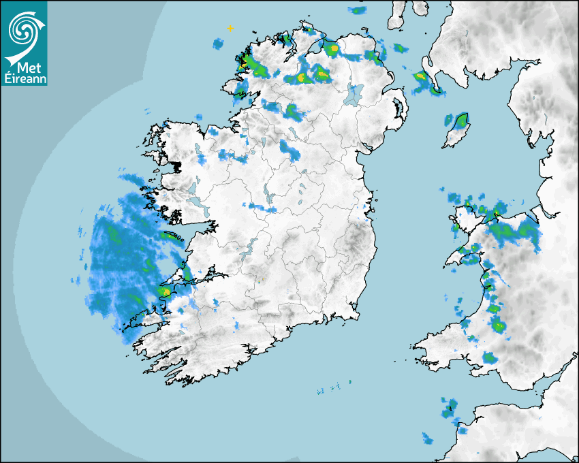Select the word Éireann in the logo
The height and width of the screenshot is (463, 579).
25,78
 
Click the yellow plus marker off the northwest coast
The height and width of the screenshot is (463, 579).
230,29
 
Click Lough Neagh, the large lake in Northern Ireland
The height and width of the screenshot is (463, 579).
353,94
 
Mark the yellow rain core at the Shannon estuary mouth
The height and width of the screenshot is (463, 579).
164,291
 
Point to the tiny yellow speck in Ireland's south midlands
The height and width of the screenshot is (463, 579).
260,278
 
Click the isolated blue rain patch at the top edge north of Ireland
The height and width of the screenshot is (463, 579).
357,10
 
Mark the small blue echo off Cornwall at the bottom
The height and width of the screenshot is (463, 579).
428,438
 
